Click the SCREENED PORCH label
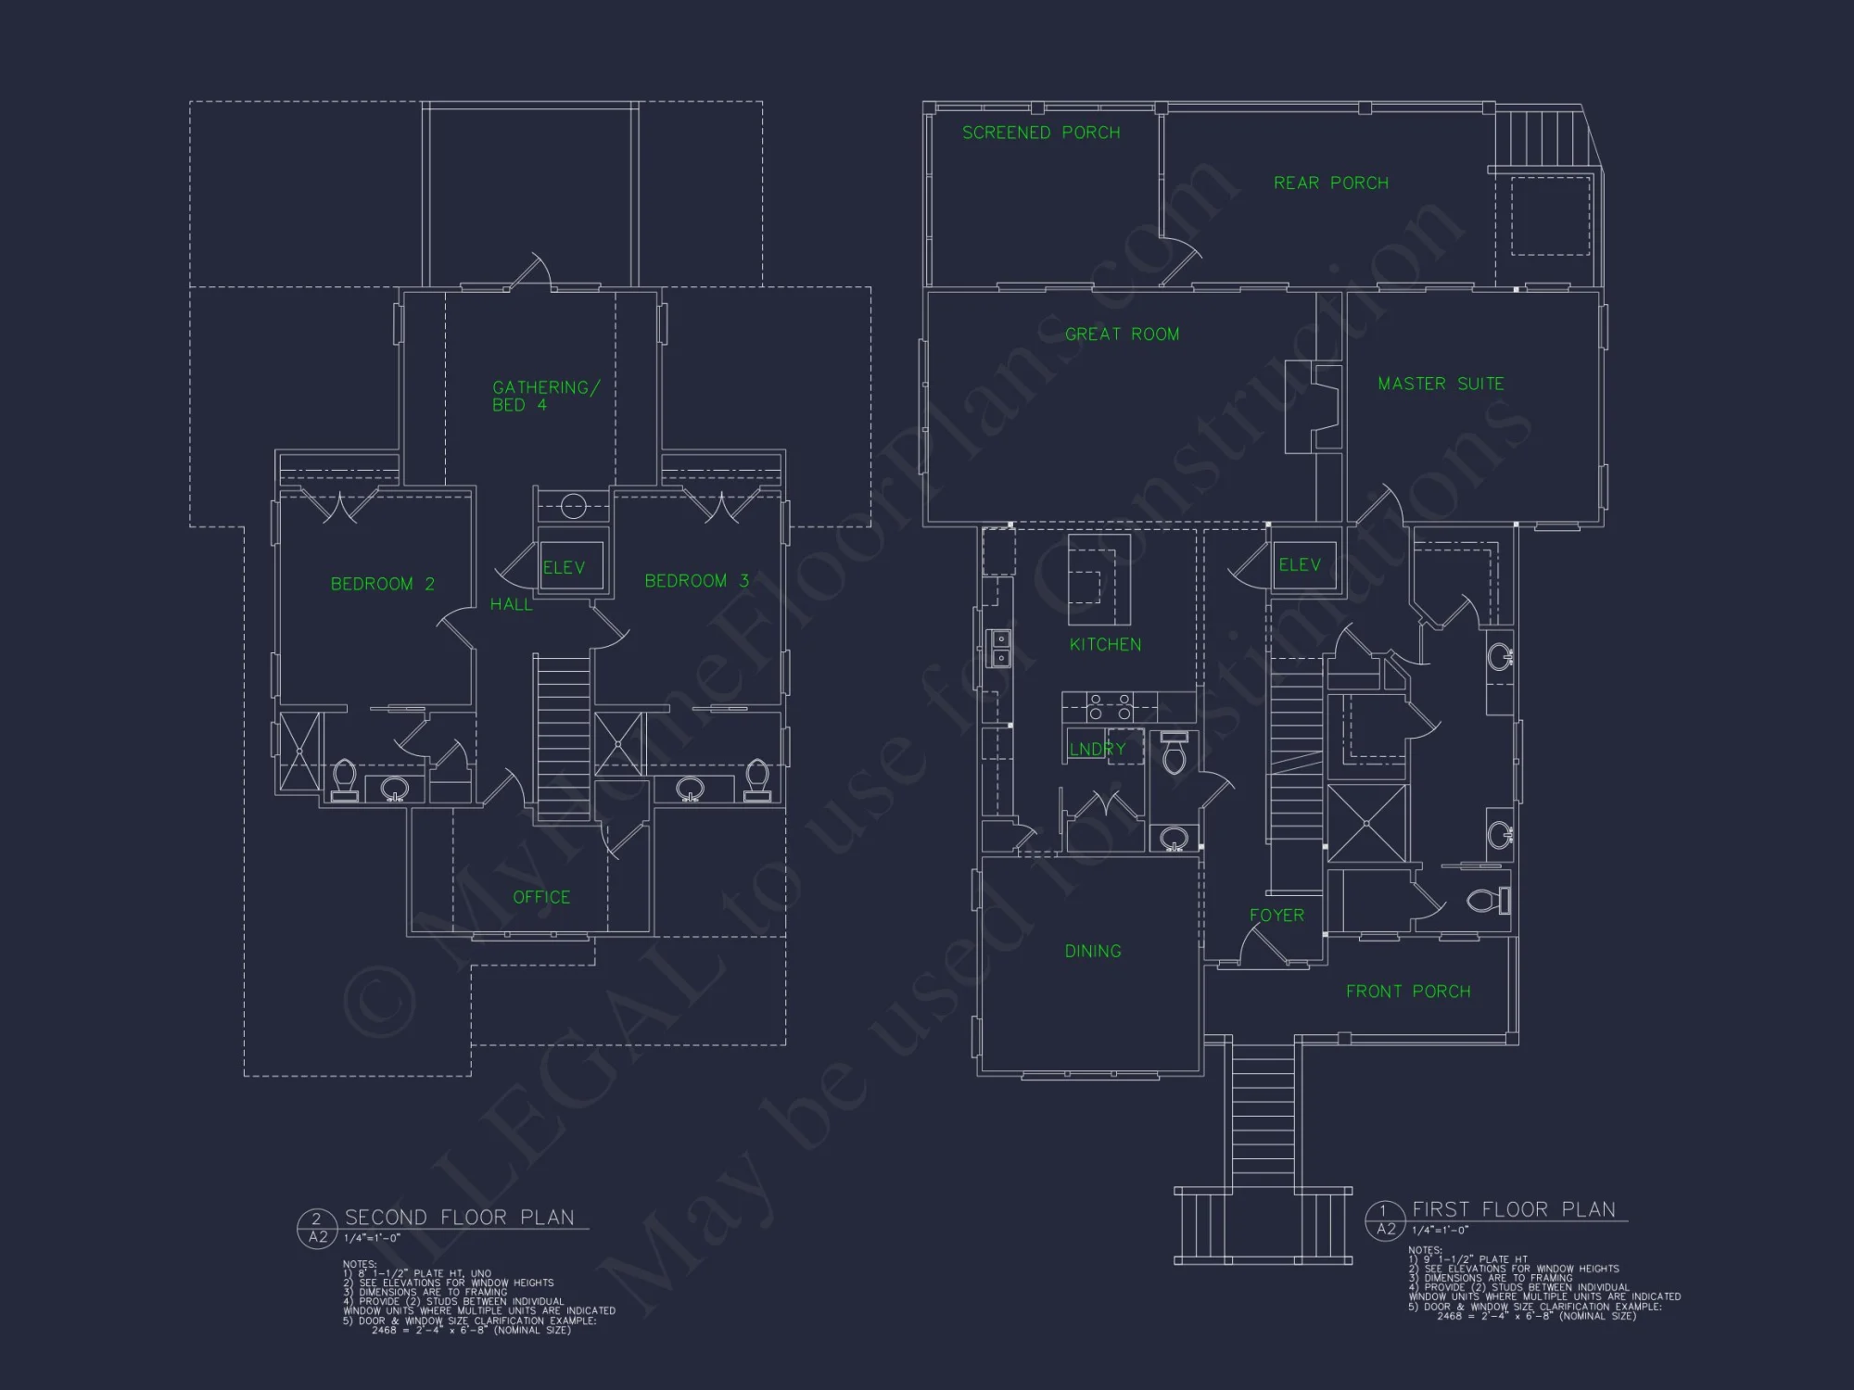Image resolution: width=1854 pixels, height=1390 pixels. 1041,133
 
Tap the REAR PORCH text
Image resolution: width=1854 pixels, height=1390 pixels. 1331,183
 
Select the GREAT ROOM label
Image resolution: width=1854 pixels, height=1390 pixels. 1122,334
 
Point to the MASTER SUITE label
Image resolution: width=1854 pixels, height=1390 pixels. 1441,384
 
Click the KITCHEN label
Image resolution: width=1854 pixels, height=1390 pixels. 1105,644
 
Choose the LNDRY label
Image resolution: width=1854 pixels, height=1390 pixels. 1098,749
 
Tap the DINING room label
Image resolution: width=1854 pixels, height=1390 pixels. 1093,951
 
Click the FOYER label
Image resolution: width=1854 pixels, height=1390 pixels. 1276,915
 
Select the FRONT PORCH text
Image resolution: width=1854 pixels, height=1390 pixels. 1408,992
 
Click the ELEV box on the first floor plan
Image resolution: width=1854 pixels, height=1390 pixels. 1300,564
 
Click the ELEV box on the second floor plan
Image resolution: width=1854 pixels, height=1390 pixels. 564,567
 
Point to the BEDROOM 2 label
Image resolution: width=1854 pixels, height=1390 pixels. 382,584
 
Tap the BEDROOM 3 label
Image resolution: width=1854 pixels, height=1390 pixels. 696,581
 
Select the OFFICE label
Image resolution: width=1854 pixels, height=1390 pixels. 541,897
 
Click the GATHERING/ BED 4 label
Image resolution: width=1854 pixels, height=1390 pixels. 545,396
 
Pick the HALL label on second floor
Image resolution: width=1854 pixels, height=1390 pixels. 511,604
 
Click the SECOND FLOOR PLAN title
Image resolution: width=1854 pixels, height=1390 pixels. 459,1217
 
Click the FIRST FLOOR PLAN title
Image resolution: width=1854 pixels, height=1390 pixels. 1513,1209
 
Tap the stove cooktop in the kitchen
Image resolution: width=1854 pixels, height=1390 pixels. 1110,706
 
